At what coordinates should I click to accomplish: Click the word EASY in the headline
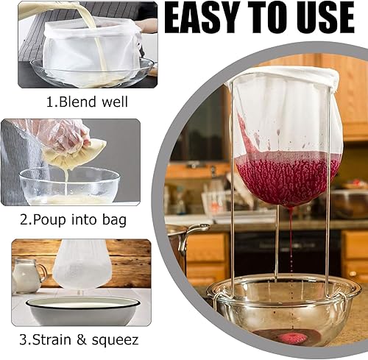[201, 18]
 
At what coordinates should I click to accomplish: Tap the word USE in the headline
[323, 18]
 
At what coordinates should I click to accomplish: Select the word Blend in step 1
[77, 102]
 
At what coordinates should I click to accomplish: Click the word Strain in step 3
[52, 339]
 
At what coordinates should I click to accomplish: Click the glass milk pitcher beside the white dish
[28, 275]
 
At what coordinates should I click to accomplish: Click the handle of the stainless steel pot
[193, 236]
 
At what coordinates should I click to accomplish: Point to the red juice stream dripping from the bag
[291, 236]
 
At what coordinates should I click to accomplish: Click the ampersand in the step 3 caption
[82, 340]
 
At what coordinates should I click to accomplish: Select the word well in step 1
[115, 102]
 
